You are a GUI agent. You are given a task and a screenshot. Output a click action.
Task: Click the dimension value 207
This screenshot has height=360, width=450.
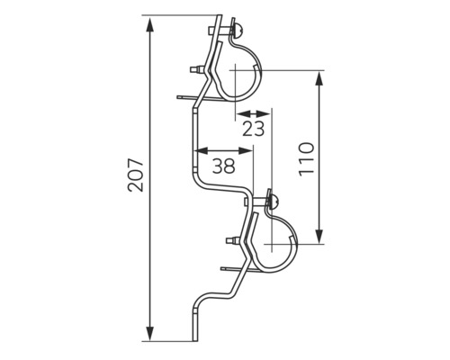pyautogui.click(x=136, y=175)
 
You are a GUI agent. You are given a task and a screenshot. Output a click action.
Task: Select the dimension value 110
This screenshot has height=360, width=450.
pyautogui.click(x=306, y=159)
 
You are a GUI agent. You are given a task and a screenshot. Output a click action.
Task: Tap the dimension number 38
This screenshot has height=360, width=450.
pyautogui.click(x=223, y=166)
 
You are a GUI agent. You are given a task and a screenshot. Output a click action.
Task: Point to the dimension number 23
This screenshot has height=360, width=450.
pyautogui.click(x=254, y=129)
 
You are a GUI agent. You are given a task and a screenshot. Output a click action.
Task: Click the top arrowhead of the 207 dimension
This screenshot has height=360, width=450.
pyautogui.click(x=150, y=24)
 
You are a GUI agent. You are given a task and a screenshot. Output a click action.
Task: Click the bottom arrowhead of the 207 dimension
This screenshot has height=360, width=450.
pyautogui.click(x=150, y=332)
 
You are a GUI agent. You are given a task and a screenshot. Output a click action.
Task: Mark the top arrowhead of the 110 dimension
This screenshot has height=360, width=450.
pyautogui.click(x=319, y=78)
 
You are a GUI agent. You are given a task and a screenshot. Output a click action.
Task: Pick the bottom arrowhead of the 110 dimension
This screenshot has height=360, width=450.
pyautogui.click(x=319, y=236)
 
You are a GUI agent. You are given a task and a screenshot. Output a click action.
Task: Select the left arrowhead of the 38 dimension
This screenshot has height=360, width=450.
pyautogui.click(x=202, y=150)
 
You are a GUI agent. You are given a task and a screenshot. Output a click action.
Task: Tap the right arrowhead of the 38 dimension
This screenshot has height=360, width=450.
pyautogui.click(x=246, y=150)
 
